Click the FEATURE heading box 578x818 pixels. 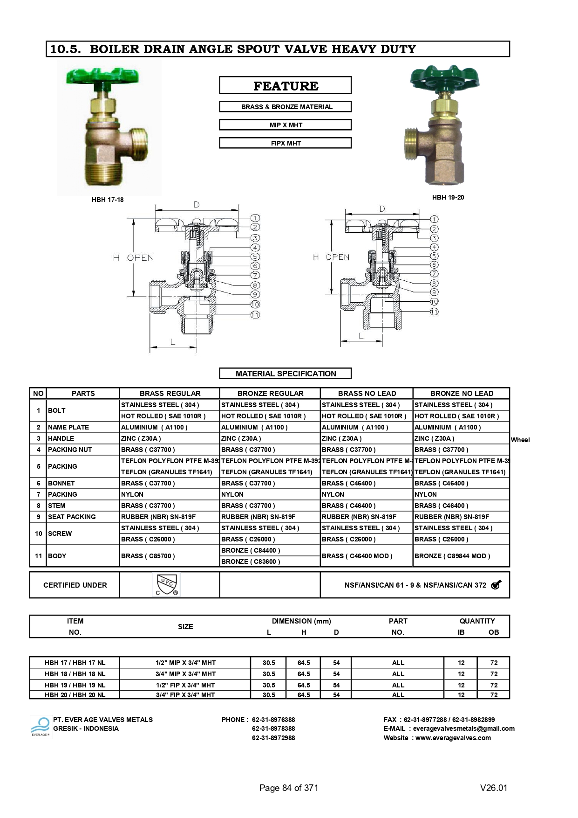pos(285,86)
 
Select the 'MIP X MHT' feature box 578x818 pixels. pos(285,125)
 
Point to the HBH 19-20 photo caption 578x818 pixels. pos(448,197)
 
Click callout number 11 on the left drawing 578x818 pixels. pos(255,315)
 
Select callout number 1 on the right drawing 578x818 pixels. pos(434,219)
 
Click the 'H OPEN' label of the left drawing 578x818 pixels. pos(134,258)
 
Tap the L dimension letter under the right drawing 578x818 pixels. pos(361,336)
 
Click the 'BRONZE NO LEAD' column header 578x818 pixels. pos(461,393)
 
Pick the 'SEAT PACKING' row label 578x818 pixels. pos(72,517)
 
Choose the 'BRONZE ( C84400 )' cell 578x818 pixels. pos(251,550)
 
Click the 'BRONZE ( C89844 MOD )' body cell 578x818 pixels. pos(452,556)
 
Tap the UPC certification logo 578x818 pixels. pos(166,585)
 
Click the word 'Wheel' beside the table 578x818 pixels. pos(520,440)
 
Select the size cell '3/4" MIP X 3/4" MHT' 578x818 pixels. pos(185,674)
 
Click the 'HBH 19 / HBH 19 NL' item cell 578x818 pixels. pos(75,685)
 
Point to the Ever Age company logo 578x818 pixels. pos(41,727)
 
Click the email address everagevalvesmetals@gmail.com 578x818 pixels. pos(463,728)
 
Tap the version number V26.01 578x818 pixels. pos(493,788)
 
